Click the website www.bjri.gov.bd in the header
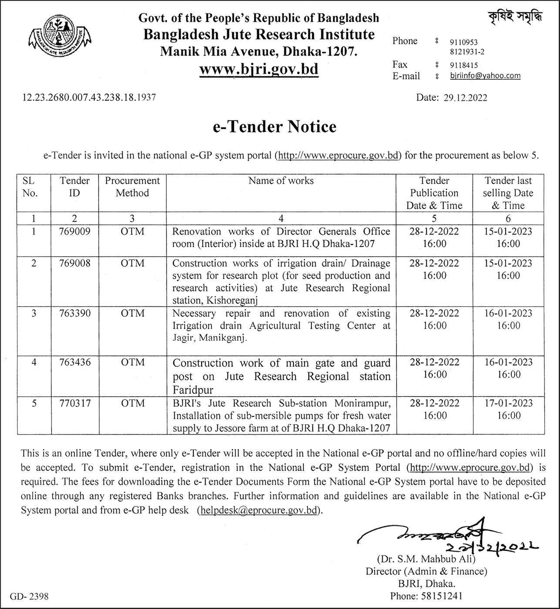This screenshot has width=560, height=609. [259, 69]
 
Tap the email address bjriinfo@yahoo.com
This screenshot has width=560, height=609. [485, 76]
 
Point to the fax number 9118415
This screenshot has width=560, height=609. [463, 65]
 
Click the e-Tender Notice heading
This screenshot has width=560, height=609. [275, 127]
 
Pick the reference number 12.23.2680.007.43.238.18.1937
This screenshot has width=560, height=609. [89, 97]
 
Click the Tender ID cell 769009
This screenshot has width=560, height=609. [75, 231]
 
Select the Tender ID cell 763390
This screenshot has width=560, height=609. [75, 313]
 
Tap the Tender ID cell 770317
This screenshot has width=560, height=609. [75, 403]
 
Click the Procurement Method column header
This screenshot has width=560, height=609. [132, 187]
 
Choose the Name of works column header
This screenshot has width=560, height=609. [281, 181]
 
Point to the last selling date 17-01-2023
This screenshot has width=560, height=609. [508, 403]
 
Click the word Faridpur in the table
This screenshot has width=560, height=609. [193, 389]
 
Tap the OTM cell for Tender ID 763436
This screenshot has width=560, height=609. [132, 362]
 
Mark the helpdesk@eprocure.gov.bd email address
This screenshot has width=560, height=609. [259, 510]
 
